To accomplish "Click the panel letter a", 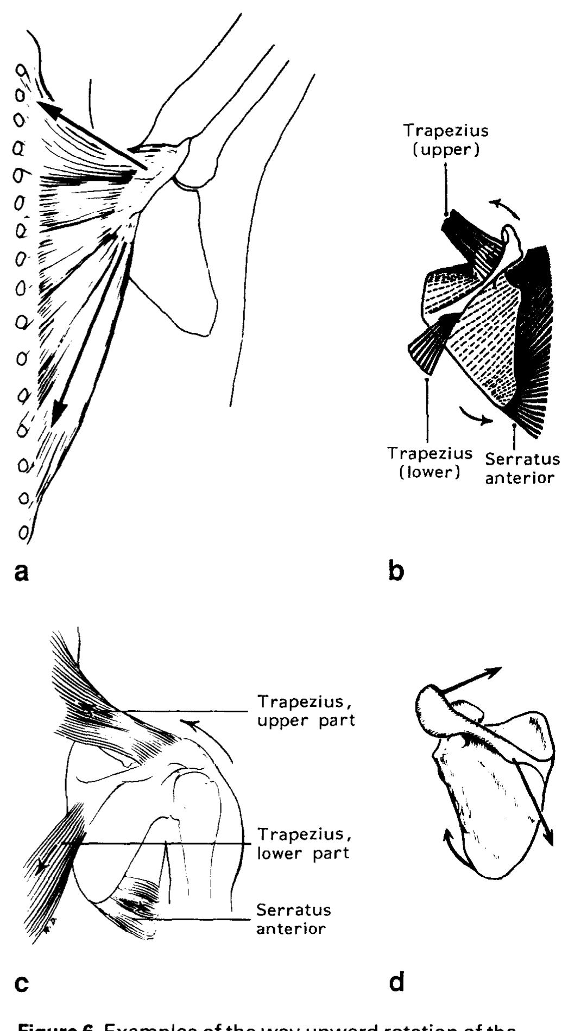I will (x=22, y=572).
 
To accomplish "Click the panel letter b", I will (x=397, y=572).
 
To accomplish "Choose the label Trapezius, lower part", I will (x=303, y=843).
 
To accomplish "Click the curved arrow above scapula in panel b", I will (x=503, y=208).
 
